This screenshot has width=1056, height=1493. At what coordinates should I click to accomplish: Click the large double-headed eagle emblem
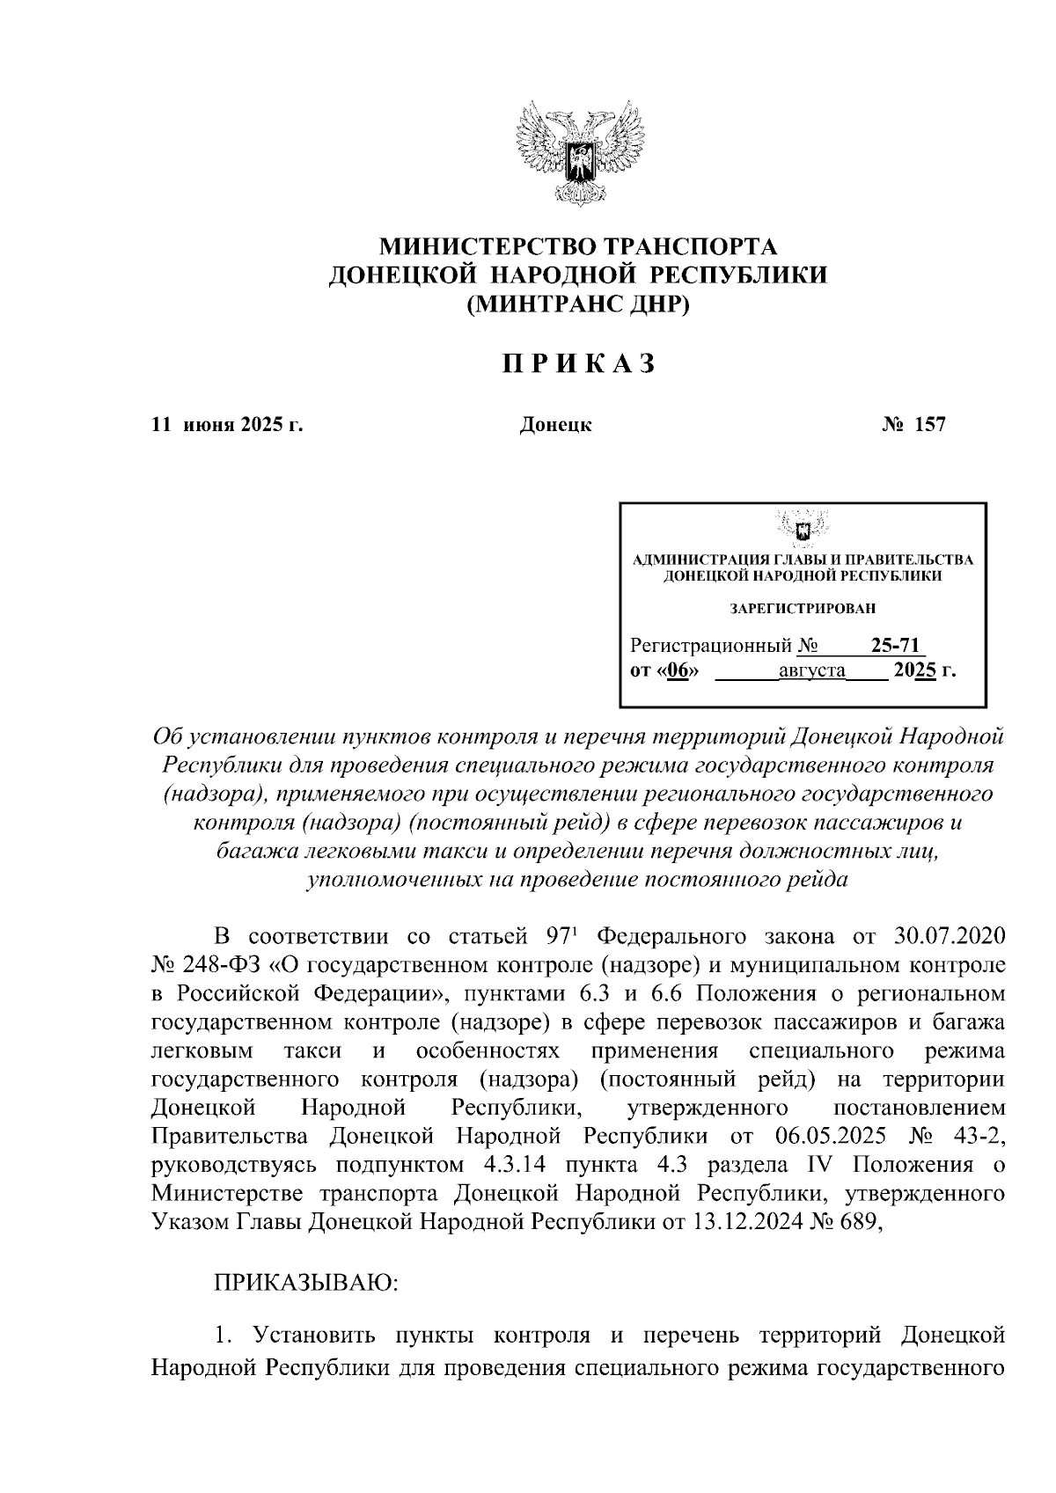[x=578, y=155]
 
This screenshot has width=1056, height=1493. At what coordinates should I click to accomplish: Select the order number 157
[x=930, y=426]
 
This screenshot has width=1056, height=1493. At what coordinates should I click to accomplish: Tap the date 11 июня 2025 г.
[x=228, y=426]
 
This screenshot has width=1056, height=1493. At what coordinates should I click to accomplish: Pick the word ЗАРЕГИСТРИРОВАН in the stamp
[x=803, y=608]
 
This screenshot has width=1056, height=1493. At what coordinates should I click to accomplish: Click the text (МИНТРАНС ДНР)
[x=578, y=304]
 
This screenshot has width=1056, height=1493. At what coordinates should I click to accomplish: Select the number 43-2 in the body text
[x=978, y=1136]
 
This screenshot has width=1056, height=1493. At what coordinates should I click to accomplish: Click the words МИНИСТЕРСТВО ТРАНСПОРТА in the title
[x=578, y=245]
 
